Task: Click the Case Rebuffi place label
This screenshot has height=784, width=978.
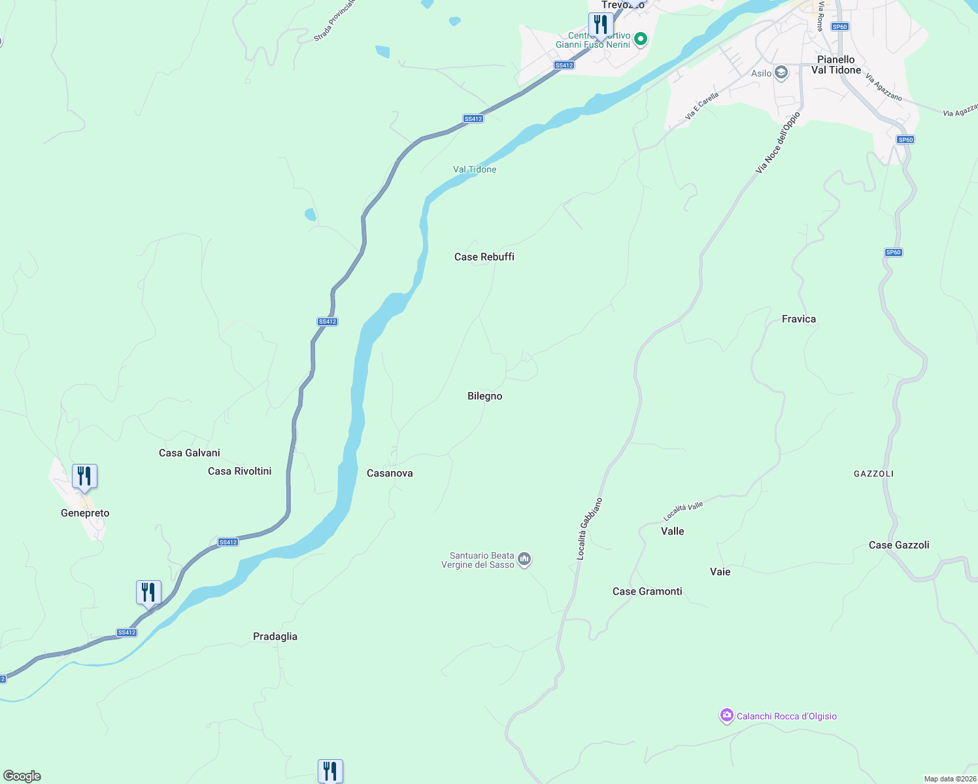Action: [x=484, y=257]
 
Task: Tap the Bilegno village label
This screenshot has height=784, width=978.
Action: [x=485, y=396]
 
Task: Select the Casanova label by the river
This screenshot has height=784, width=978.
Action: [x=390, y=473]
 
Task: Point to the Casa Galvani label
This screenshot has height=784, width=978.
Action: [x=190, y=453]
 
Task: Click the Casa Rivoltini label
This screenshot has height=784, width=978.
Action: [x=239, y=471]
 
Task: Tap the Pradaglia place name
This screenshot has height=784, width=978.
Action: [x=275, y=636]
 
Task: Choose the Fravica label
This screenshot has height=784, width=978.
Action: [x=799, y=319]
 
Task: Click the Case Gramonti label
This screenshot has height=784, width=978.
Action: [x=647, y=591]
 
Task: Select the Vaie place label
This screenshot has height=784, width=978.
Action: [x=720, y=572]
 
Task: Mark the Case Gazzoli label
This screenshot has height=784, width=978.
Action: [x=899, y=545]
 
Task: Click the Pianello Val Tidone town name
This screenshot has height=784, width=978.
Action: [x=836, y=65]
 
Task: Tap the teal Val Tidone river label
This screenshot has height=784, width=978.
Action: [x=475, y=169]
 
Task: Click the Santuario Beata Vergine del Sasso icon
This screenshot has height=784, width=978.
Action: [x=524, y=559]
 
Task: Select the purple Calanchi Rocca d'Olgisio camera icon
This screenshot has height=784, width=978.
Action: [x=726, y=716]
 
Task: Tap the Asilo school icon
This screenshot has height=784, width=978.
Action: [x=781, y=73]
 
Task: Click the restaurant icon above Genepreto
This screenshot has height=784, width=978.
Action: [x=84, y=476]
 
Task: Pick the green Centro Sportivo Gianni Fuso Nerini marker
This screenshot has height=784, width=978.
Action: [x=641, y=40]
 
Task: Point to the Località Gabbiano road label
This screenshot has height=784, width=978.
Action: [x=589, y=529]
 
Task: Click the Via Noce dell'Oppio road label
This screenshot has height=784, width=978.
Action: [x=777, y=143]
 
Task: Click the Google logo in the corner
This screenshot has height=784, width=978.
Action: [x=22, y=776]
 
